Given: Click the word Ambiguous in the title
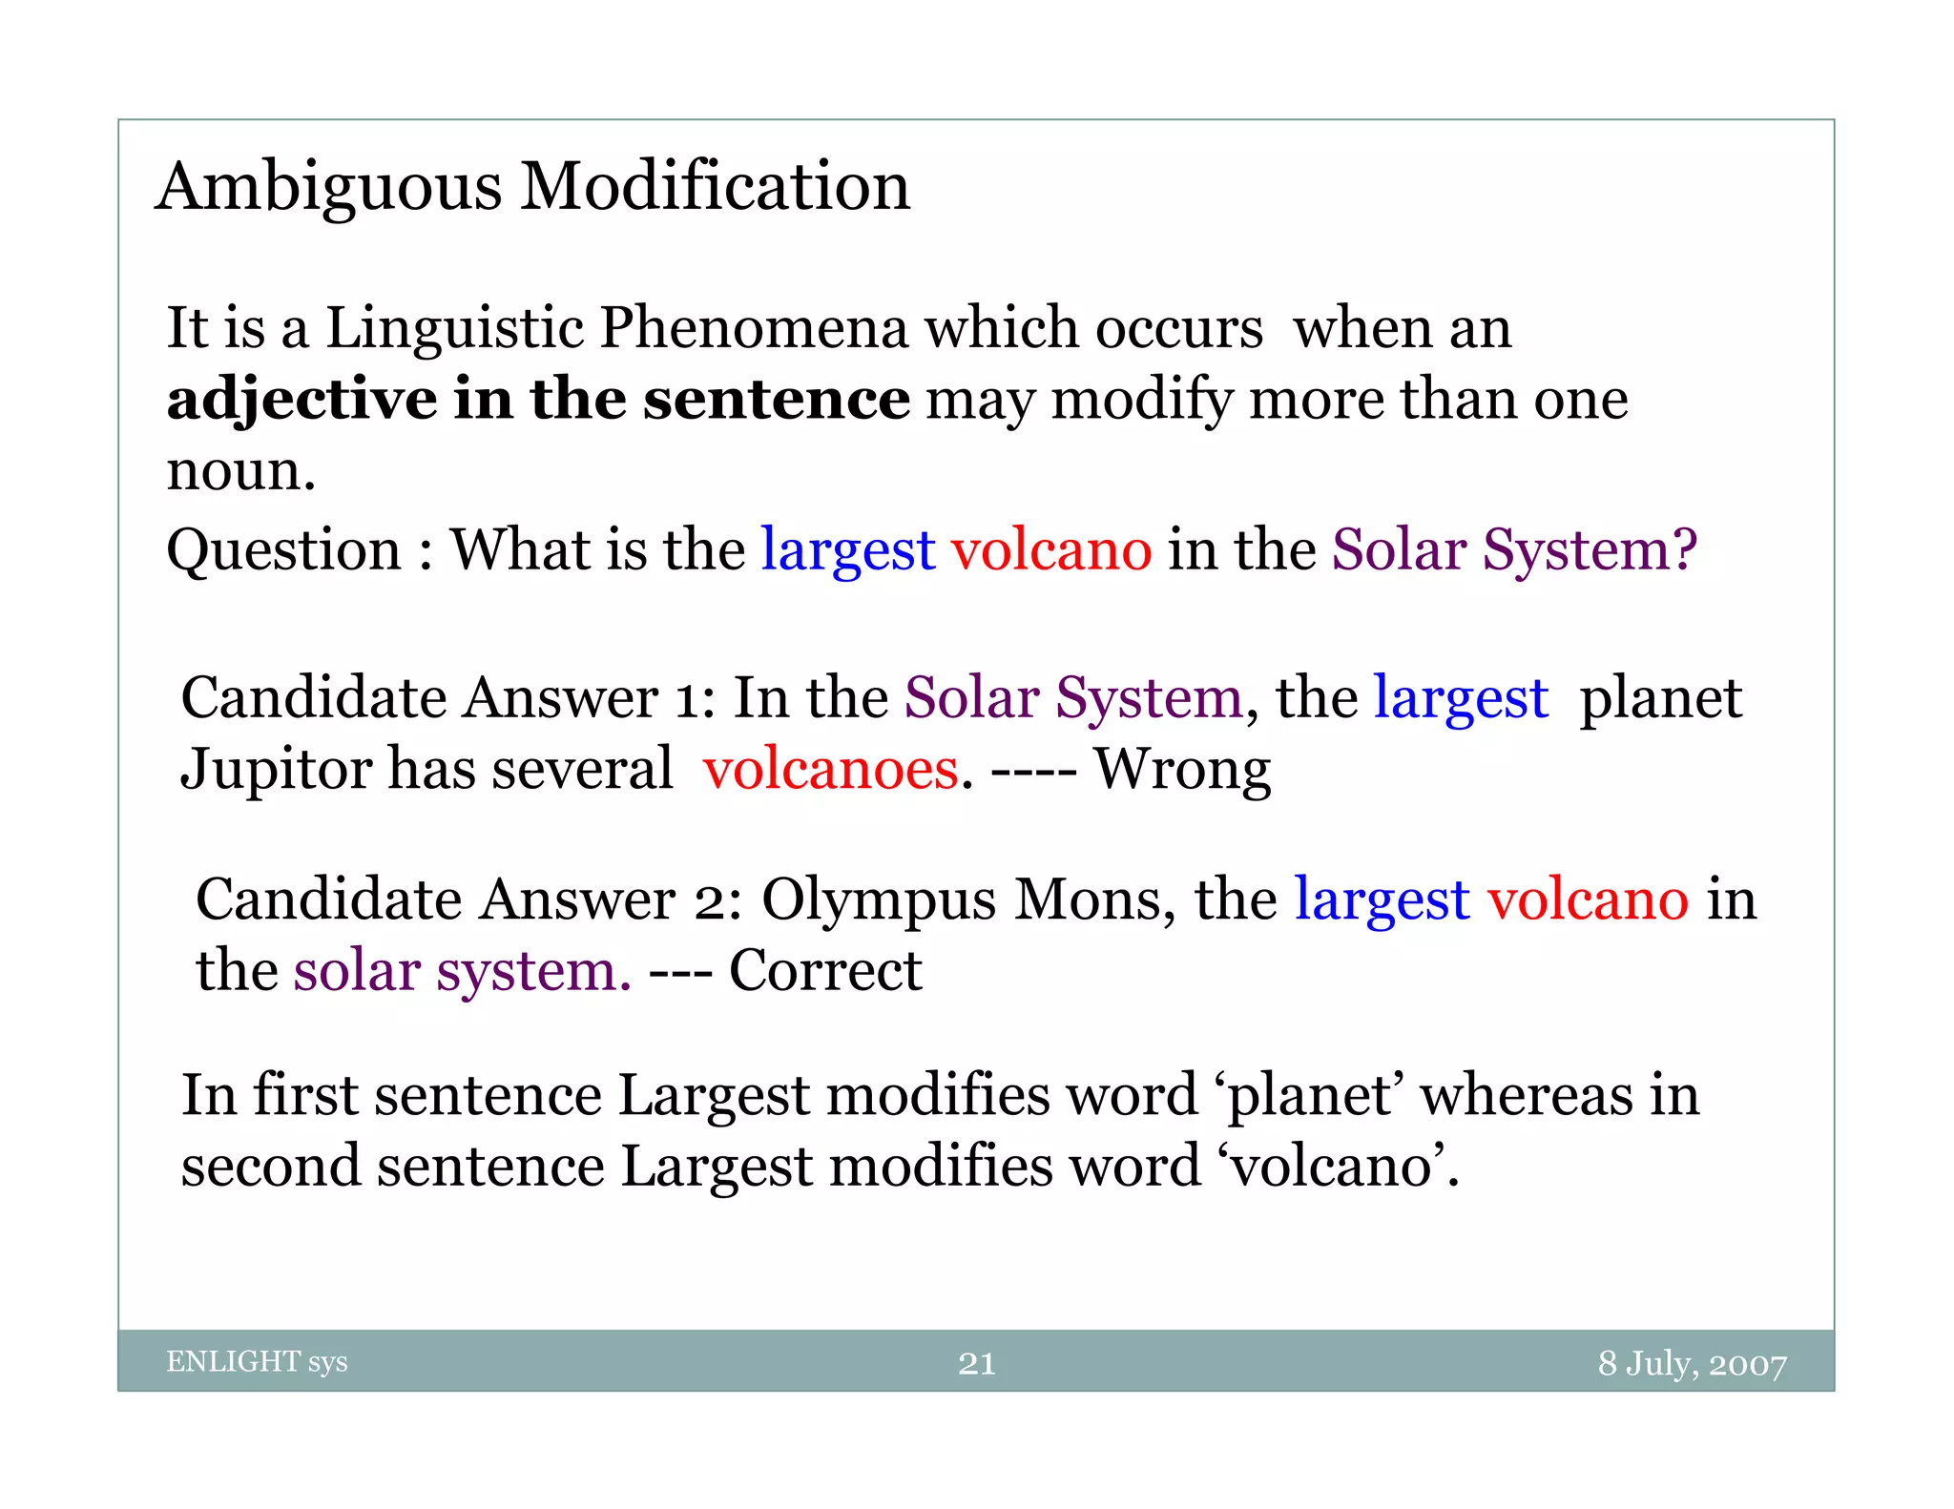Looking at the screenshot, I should pyautogui.click(x=329, y=187).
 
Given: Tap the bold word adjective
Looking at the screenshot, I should pyautogui.click(x=301, y=400).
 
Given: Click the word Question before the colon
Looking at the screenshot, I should pyautogui.click(x=283, y=550).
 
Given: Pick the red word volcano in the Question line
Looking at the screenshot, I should pyautogui.click(x=1051, y=550).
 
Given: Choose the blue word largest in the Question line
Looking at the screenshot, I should pyautogui.click(x=847, y=552).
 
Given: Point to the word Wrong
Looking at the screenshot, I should pyautogui.click(x=1181, y=770).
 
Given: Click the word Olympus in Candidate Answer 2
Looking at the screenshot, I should pyautogui.click(x=878, y=900).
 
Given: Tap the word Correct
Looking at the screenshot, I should pyautogui.click(x=825, y=971).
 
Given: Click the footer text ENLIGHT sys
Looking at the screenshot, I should pyautogui.click(x=257, y=1361).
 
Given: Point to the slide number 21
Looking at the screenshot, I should pyautogui.click(x=976, y=1363).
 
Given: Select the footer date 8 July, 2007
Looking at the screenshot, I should pyautogui.click(x=1692, y=1363).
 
